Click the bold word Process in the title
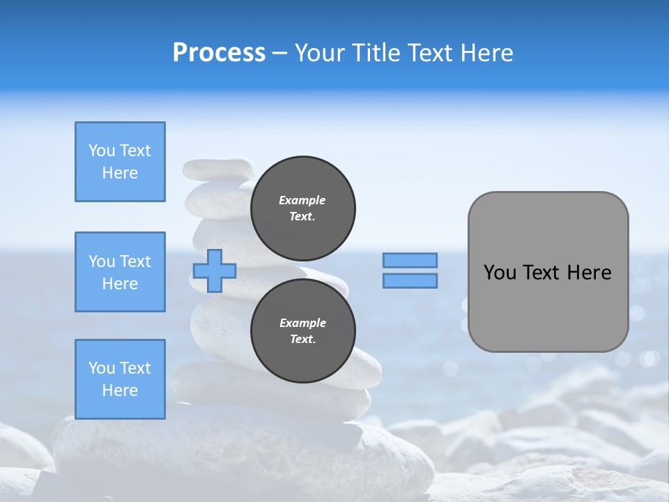219,53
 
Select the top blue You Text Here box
120,162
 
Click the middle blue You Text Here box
120,272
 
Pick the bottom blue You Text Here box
120,379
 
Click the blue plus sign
214,271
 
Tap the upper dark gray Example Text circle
302,208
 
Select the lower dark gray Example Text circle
302,331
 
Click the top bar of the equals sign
410,260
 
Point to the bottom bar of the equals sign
410,280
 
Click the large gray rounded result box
548,307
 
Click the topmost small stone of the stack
217,168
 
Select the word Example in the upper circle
302,200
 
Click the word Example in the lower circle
302,323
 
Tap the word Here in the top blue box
120,173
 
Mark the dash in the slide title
279,53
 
